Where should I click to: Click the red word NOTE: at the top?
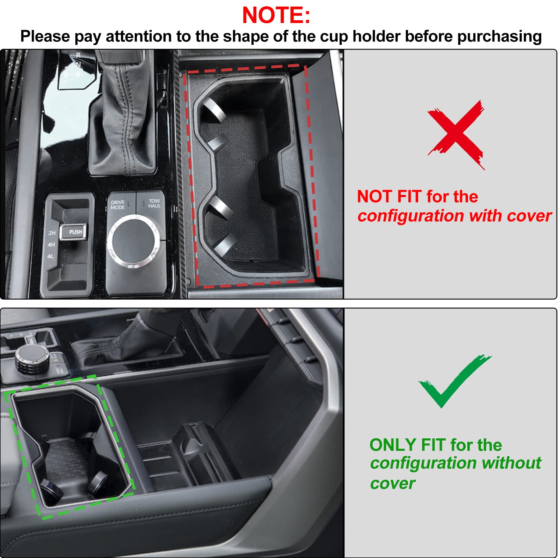point(276,15)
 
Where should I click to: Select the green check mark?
point(453,382)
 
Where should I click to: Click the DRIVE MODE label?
point(118,205)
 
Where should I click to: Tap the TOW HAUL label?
point(154,203)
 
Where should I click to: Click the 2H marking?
point(52,233)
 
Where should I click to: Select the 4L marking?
point(51,256)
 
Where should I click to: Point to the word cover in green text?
point(393,483)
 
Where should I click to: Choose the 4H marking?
point(51,244)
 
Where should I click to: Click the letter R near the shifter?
point(78,55)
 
